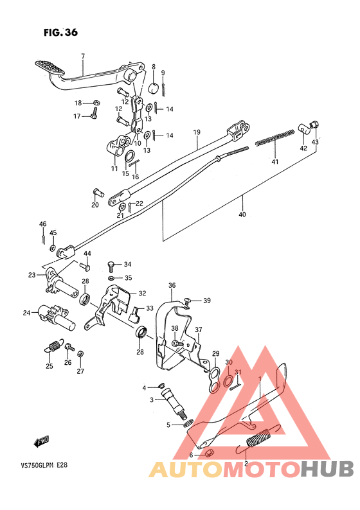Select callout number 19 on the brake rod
[197, 133]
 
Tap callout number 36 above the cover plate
[172, 286]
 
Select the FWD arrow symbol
[42, 441]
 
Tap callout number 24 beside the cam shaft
[26, 313]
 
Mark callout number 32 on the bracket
[142, 293]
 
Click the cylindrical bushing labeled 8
[154, 88]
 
